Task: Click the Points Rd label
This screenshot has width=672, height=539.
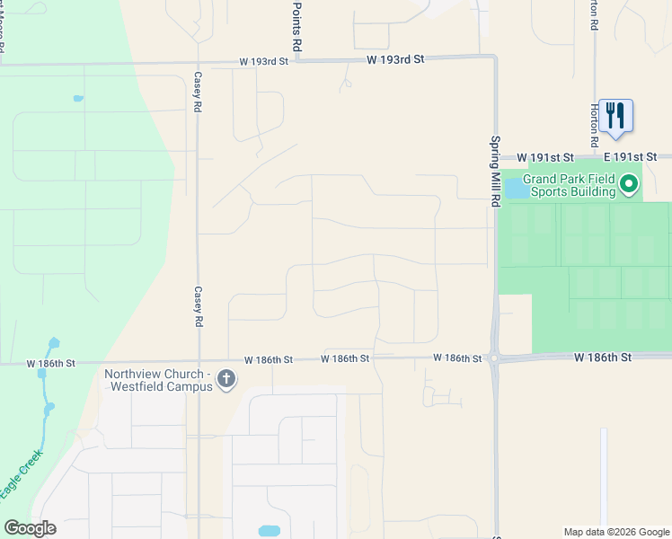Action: (296, 25)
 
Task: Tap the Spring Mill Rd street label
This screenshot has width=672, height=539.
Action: (494, 172)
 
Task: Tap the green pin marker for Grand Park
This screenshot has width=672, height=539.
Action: (629, 186)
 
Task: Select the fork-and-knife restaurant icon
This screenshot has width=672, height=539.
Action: (615, 116)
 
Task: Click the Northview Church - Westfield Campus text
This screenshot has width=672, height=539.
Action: (157, 380)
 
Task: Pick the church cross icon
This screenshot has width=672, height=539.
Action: (226, 380)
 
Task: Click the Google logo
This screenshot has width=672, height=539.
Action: (30, 528)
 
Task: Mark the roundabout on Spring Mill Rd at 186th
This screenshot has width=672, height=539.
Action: (494, 358)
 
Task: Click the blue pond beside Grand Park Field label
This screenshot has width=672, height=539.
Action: (516, 188)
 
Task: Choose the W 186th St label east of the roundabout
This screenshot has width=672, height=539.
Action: (604, 357)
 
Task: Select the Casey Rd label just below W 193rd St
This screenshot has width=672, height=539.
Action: (197, 92)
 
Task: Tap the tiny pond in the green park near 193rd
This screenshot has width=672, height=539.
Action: (78, 98)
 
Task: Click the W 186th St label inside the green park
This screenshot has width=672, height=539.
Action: (51, 364)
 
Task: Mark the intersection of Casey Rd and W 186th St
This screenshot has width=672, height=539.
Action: (198, 361)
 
